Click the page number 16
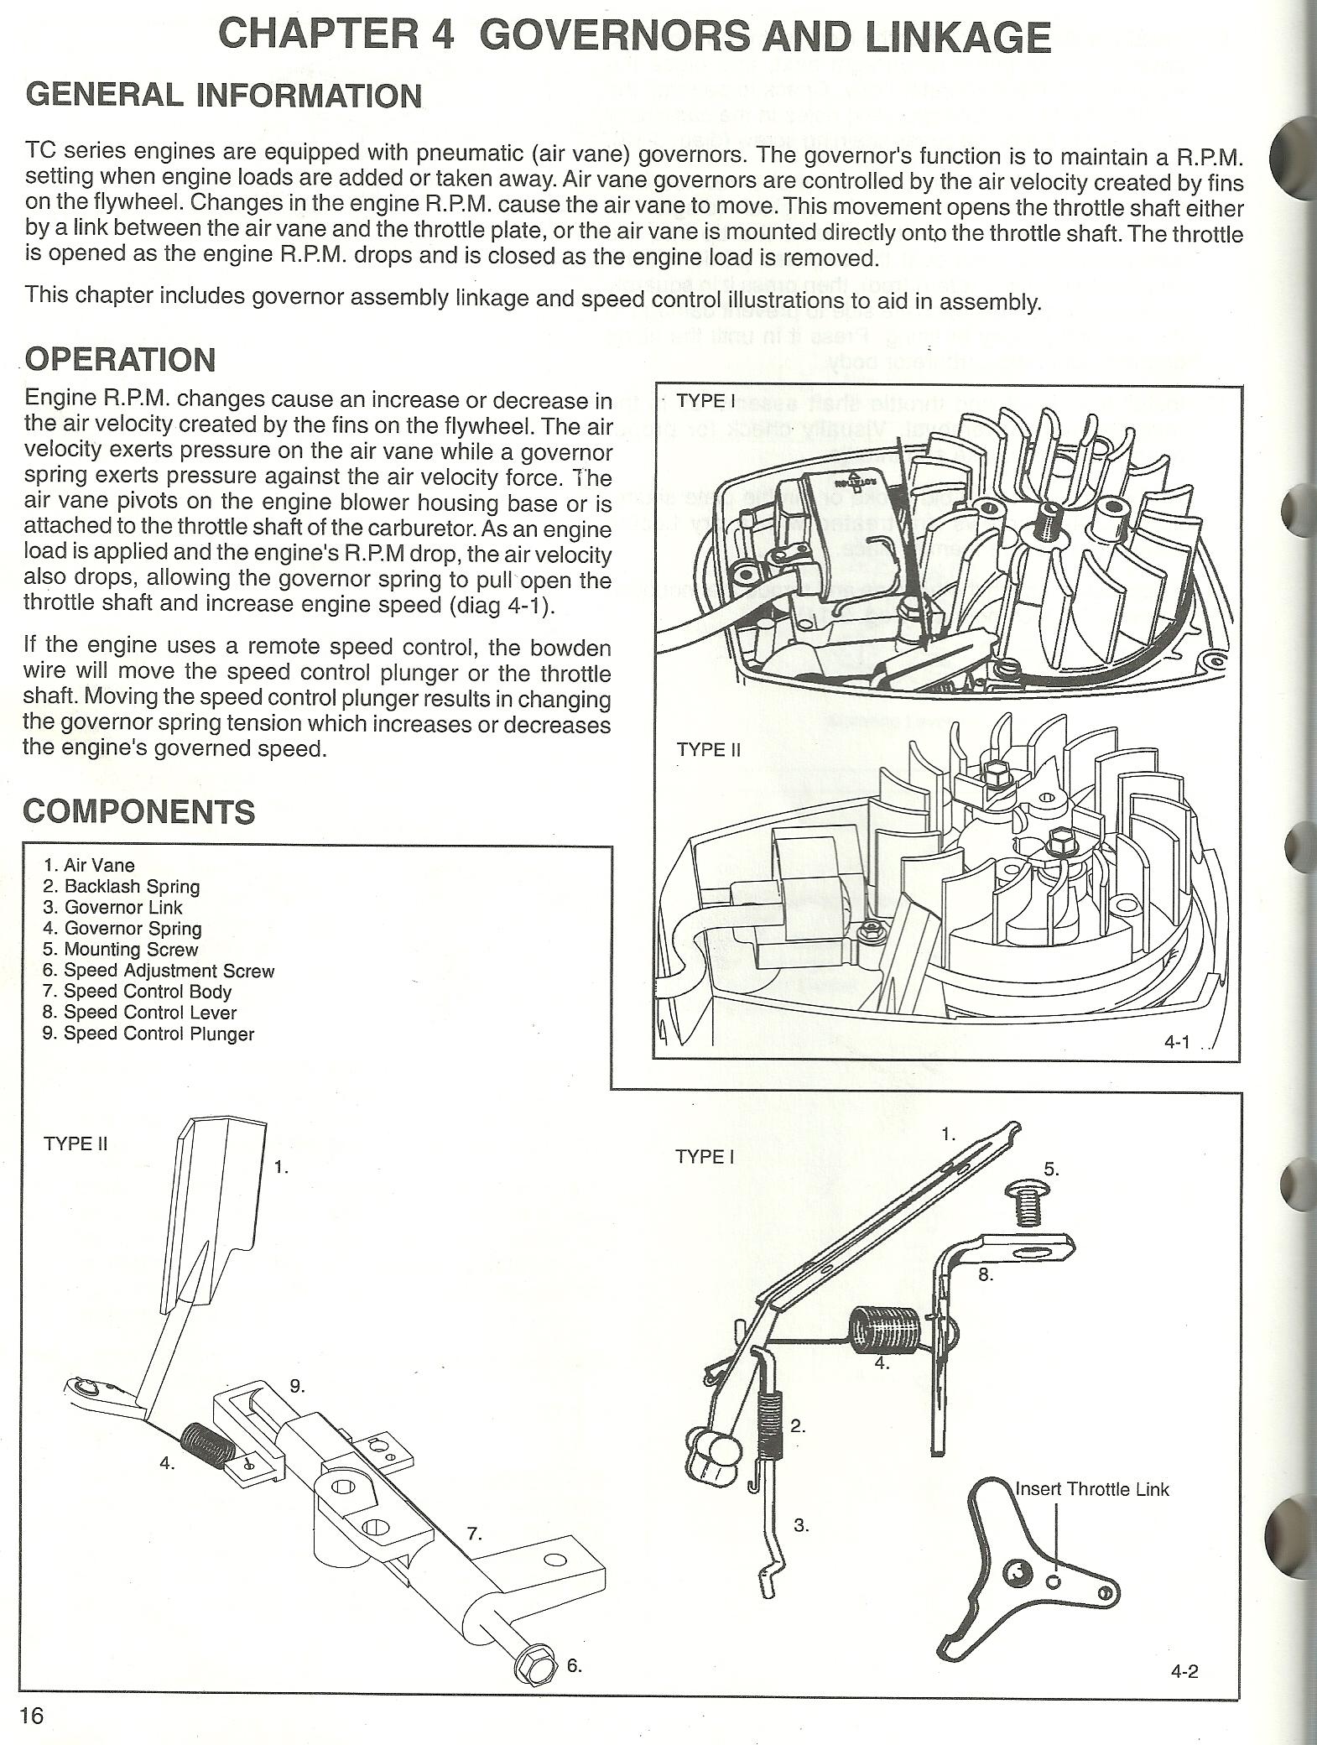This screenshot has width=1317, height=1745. point(31,1715)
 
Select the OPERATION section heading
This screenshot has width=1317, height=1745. point(120,360)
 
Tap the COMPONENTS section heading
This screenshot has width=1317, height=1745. point(138,812)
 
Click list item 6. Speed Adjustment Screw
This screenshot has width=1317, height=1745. point(159,971)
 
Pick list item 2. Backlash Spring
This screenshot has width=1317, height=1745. point(121,887)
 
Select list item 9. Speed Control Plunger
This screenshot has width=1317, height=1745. point(148,1034)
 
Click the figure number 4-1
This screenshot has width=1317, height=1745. point(1177,1042)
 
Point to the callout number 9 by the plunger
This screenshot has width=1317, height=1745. point(298,1385)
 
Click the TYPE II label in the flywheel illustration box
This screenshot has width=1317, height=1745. point(708,750)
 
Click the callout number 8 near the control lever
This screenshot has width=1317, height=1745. point(986,1274)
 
